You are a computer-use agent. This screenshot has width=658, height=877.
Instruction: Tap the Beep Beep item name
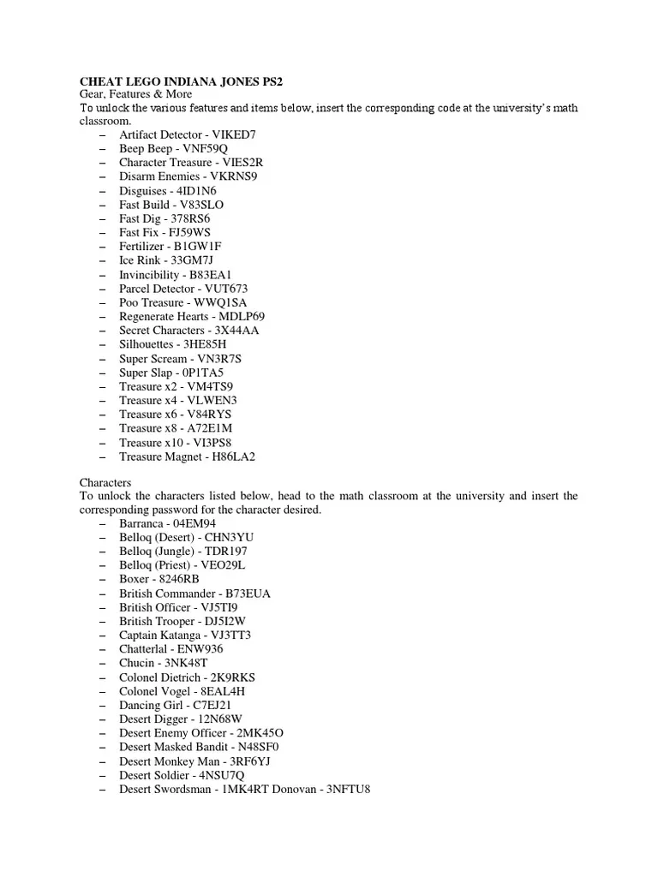[x=146, y=149]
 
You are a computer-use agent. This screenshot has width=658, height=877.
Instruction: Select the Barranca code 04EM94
[x=194, y=523]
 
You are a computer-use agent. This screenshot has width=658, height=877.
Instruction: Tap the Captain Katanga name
[x=161, y=635]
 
